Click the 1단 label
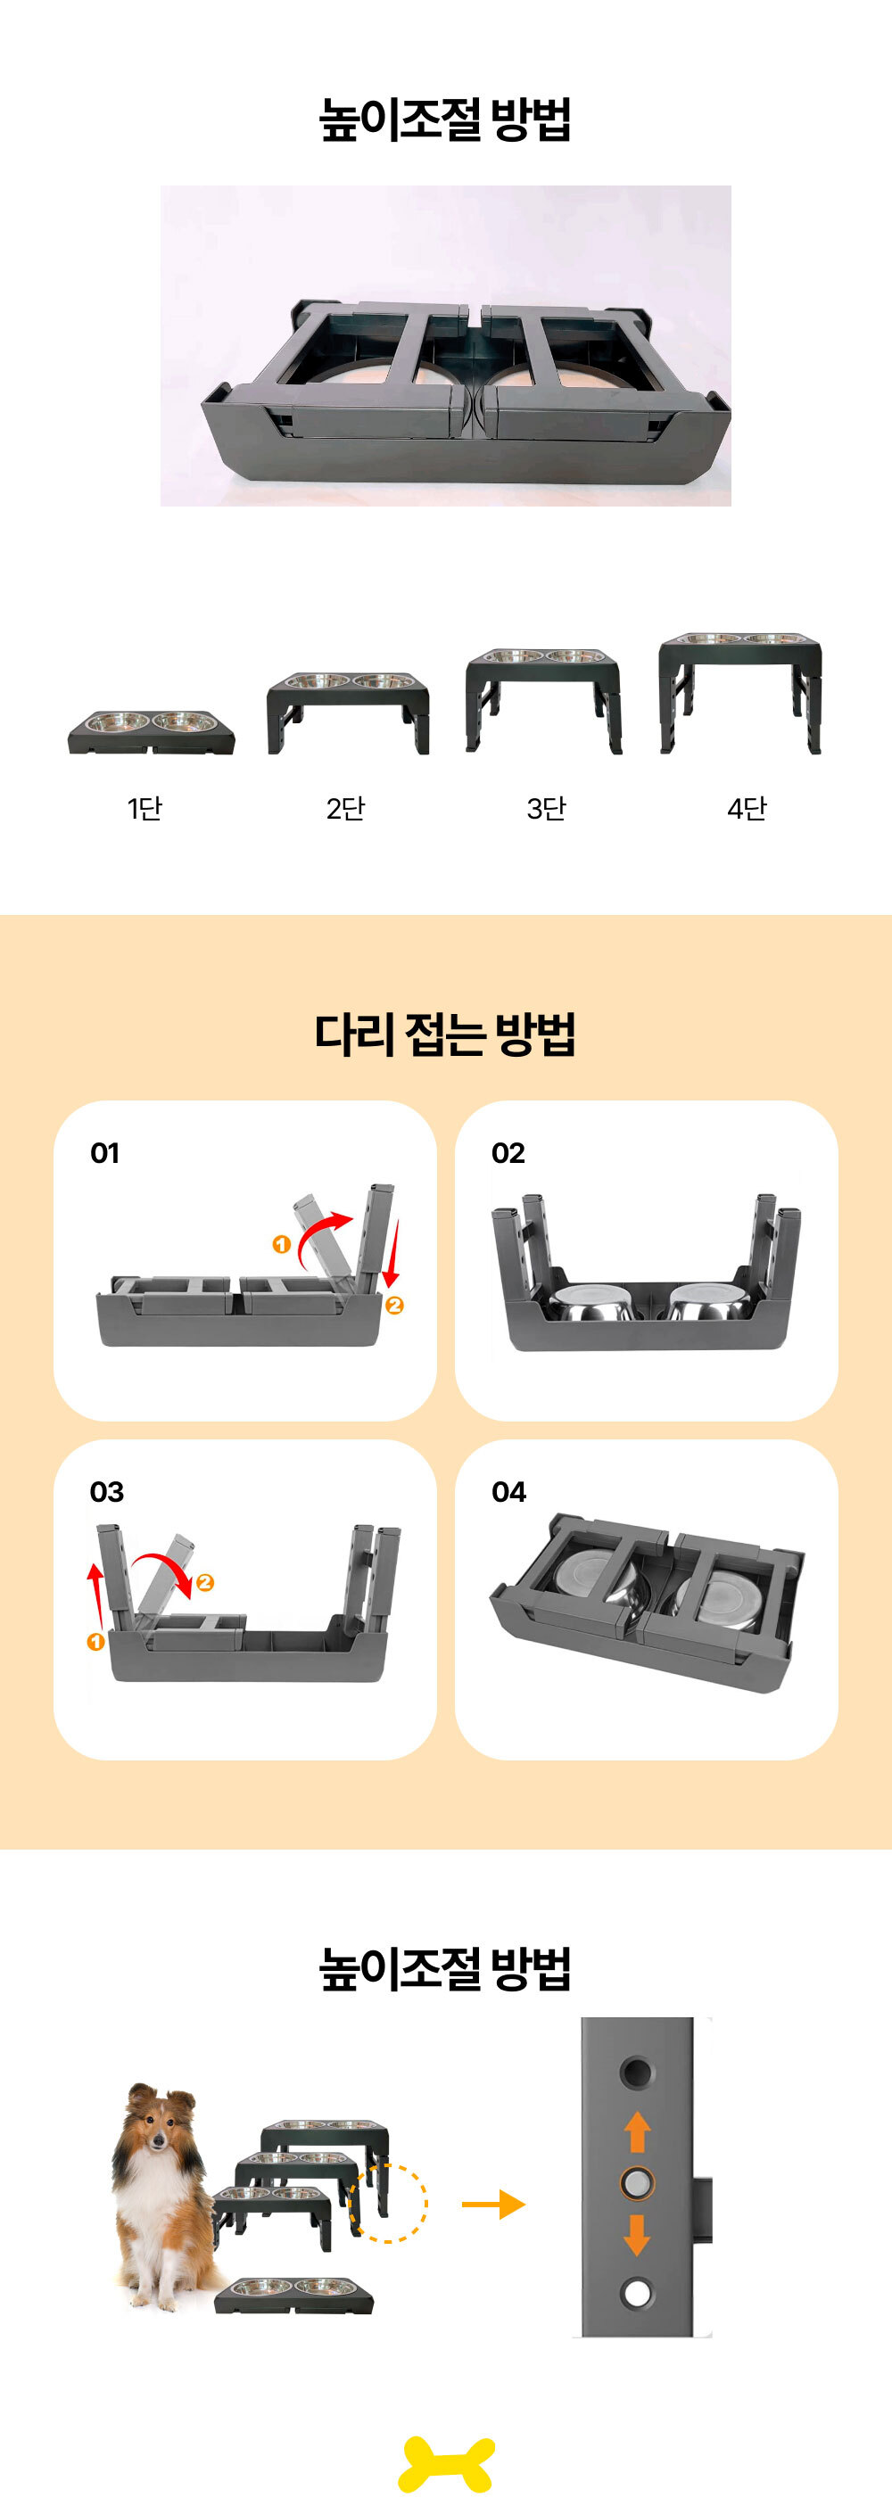pos(144,807)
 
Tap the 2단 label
pos(345,807)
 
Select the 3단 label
pos(546,807)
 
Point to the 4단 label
pos(746,807)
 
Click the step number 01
pos(105,1153)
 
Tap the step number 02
pos(508,1153)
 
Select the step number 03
pos(107,1491)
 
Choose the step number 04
pos(508,1491)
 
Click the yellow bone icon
pos(447,2464)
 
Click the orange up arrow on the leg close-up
pos(637,2132)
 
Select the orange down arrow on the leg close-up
pos(637,2235)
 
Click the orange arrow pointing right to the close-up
pos(493,2205)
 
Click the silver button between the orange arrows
pos(637,2184)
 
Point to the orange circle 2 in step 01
pos(394,1306)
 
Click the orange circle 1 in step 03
pos(95,1642)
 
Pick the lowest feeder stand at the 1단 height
pos(151,731)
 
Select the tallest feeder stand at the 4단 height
pos(740,693)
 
